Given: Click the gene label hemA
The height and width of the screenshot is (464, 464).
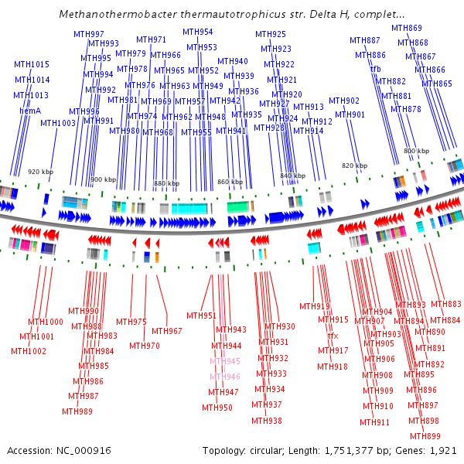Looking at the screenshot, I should point(30,111).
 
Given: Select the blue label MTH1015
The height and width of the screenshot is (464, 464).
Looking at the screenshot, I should point(32,64).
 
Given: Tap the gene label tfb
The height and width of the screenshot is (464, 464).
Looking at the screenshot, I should point(376,69).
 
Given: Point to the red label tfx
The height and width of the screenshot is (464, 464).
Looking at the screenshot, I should point(333,336).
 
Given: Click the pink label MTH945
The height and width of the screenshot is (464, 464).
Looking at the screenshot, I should point(225,361).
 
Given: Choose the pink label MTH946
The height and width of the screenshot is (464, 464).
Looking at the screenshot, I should point(225,377).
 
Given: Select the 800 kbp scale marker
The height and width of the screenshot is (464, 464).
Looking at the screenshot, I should point(416,151).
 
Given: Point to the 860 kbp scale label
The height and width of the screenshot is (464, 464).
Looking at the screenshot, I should point(230,182).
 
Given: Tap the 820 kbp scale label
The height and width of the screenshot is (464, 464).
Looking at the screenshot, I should point(354,165).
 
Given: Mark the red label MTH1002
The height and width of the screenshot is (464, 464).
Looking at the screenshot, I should point(29,351).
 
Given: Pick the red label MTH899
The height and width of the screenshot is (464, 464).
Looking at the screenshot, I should point(425,436).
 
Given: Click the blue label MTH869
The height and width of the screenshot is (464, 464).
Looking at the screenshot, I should point(407,28).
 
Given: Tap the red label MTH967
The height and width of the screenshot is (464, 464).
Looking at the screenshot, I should point(167,331).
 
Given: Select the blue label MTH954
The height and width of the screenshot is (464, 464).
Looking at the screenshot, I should point(198,32).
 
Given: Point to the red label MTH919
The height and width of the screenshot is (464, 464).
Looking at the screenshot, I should point(315,306).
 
